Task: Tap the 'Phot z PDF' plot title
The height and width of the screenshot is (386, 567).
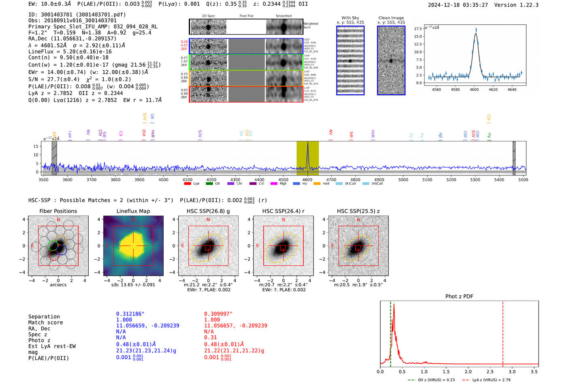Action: point(459,296)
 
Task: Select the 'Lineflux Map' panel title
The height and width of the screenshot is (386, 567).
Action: point(133,211)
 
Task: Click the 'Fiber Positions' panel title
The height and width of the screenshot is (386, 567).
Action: point(58,211)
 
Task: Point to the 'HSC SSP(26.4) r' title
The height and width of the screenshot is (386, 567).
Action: point(283,211)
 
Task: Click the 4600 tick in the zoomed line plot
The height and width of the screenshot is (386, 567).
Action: point(474,90)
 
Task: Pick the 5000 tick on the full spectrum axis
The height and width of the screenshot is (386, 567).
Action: point(403,180)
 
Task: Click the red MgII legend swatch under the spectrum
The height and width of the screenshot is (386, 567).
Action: point(274,183)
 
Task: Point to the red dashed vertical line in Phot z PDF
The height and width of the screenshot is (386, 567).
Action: point(503,332)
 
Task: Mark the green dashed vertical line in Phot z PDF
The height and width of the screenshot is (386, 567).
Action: point(390,332)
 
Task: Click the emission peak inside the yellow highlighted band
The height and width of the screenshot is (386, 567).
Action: point(307,144)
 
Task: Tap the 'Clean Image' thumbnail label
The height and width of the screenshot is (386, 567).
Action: point(391,18)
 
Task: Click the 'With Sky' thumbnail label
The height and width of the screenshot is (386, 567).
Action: point(350,18)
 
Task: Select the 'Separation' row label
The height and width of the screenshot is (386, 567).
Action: point(44,317)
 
